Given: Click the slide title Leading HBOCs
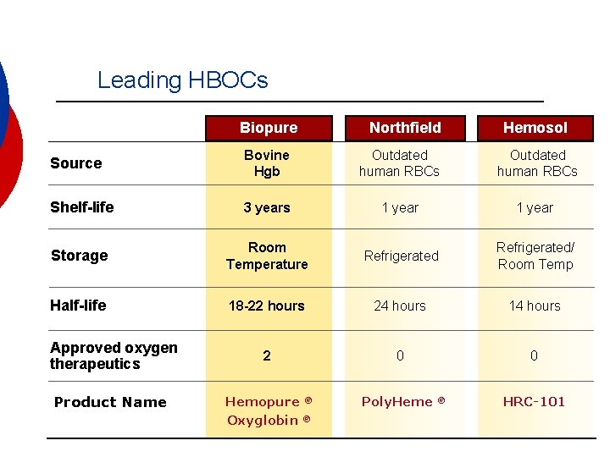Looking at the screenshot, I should tap(182, 80).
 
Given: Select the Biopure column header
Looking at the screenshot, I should tap(269, 128).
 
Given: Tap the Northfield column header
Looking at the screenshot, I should tap(405, 128).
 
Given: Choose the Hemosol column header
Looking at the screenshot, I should tap(535, 128).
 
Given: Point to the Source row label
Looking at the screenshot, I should tap(76, 163).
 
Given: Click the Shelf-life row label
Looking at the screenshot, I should tap(82, 207).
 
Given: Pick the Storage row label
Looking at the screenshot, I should tap(80, 256).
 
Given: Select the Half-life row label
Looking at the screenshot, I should tap(79, 306).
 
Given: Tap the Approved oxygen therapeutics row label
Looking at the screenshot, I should tap(114, 355).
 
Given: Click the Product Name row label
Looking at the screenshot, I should tap(110, 402).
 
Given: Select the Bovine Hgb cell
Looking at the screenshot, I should tap(267, 163).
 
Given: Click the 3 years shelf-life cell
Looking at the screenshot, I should tap(267, 208).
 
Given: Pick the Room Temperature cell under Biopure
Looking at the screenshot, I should tap(267, 256).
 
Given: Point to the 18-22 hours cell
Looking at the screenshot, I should tap(267, 306).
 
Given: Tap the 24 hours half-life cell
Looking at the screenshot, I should tap(401, 306).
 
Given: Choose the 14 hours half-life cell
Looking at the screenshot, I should tap(535, 306).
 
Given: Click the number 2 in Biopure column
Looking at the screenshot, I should tap(267, 355).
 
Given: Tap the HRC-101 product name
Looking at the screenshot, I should tap(534, 402).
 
